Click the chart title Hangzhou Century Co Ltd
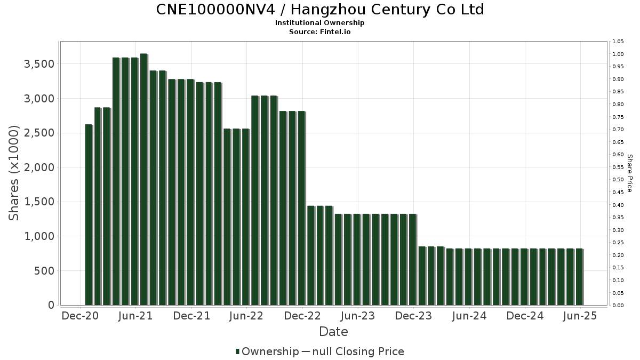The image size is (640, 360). [x=320, y=10]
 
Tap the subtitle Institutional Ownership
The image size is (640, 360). [x=320, y=23]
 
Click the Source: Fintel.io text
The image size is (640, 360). [x=320, y=32]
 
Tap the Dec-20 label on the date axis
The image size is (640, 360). [x=80, y=316]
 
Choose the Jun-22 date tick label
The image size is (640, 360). [x=246, y=316]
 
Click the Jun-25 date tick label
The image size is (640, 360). [x=580, y=316]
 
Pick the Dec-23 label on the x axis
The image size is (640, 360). [x=414, y=316]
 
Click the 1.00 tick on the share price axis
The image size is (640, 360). [x=618, y=54]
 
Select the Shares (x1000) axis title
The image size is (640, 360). [x=14, y=173]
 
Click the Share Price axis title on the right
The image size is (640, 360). [x=629, y=173]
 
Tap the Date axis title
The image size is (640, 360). [x=333, y=332]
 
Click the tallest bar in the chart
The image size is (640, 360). [x=143, y=179]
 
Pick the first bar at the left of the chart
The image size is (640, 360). [x=88, y=214]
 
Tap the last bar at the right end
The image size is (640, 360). [x=579, y=277]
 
